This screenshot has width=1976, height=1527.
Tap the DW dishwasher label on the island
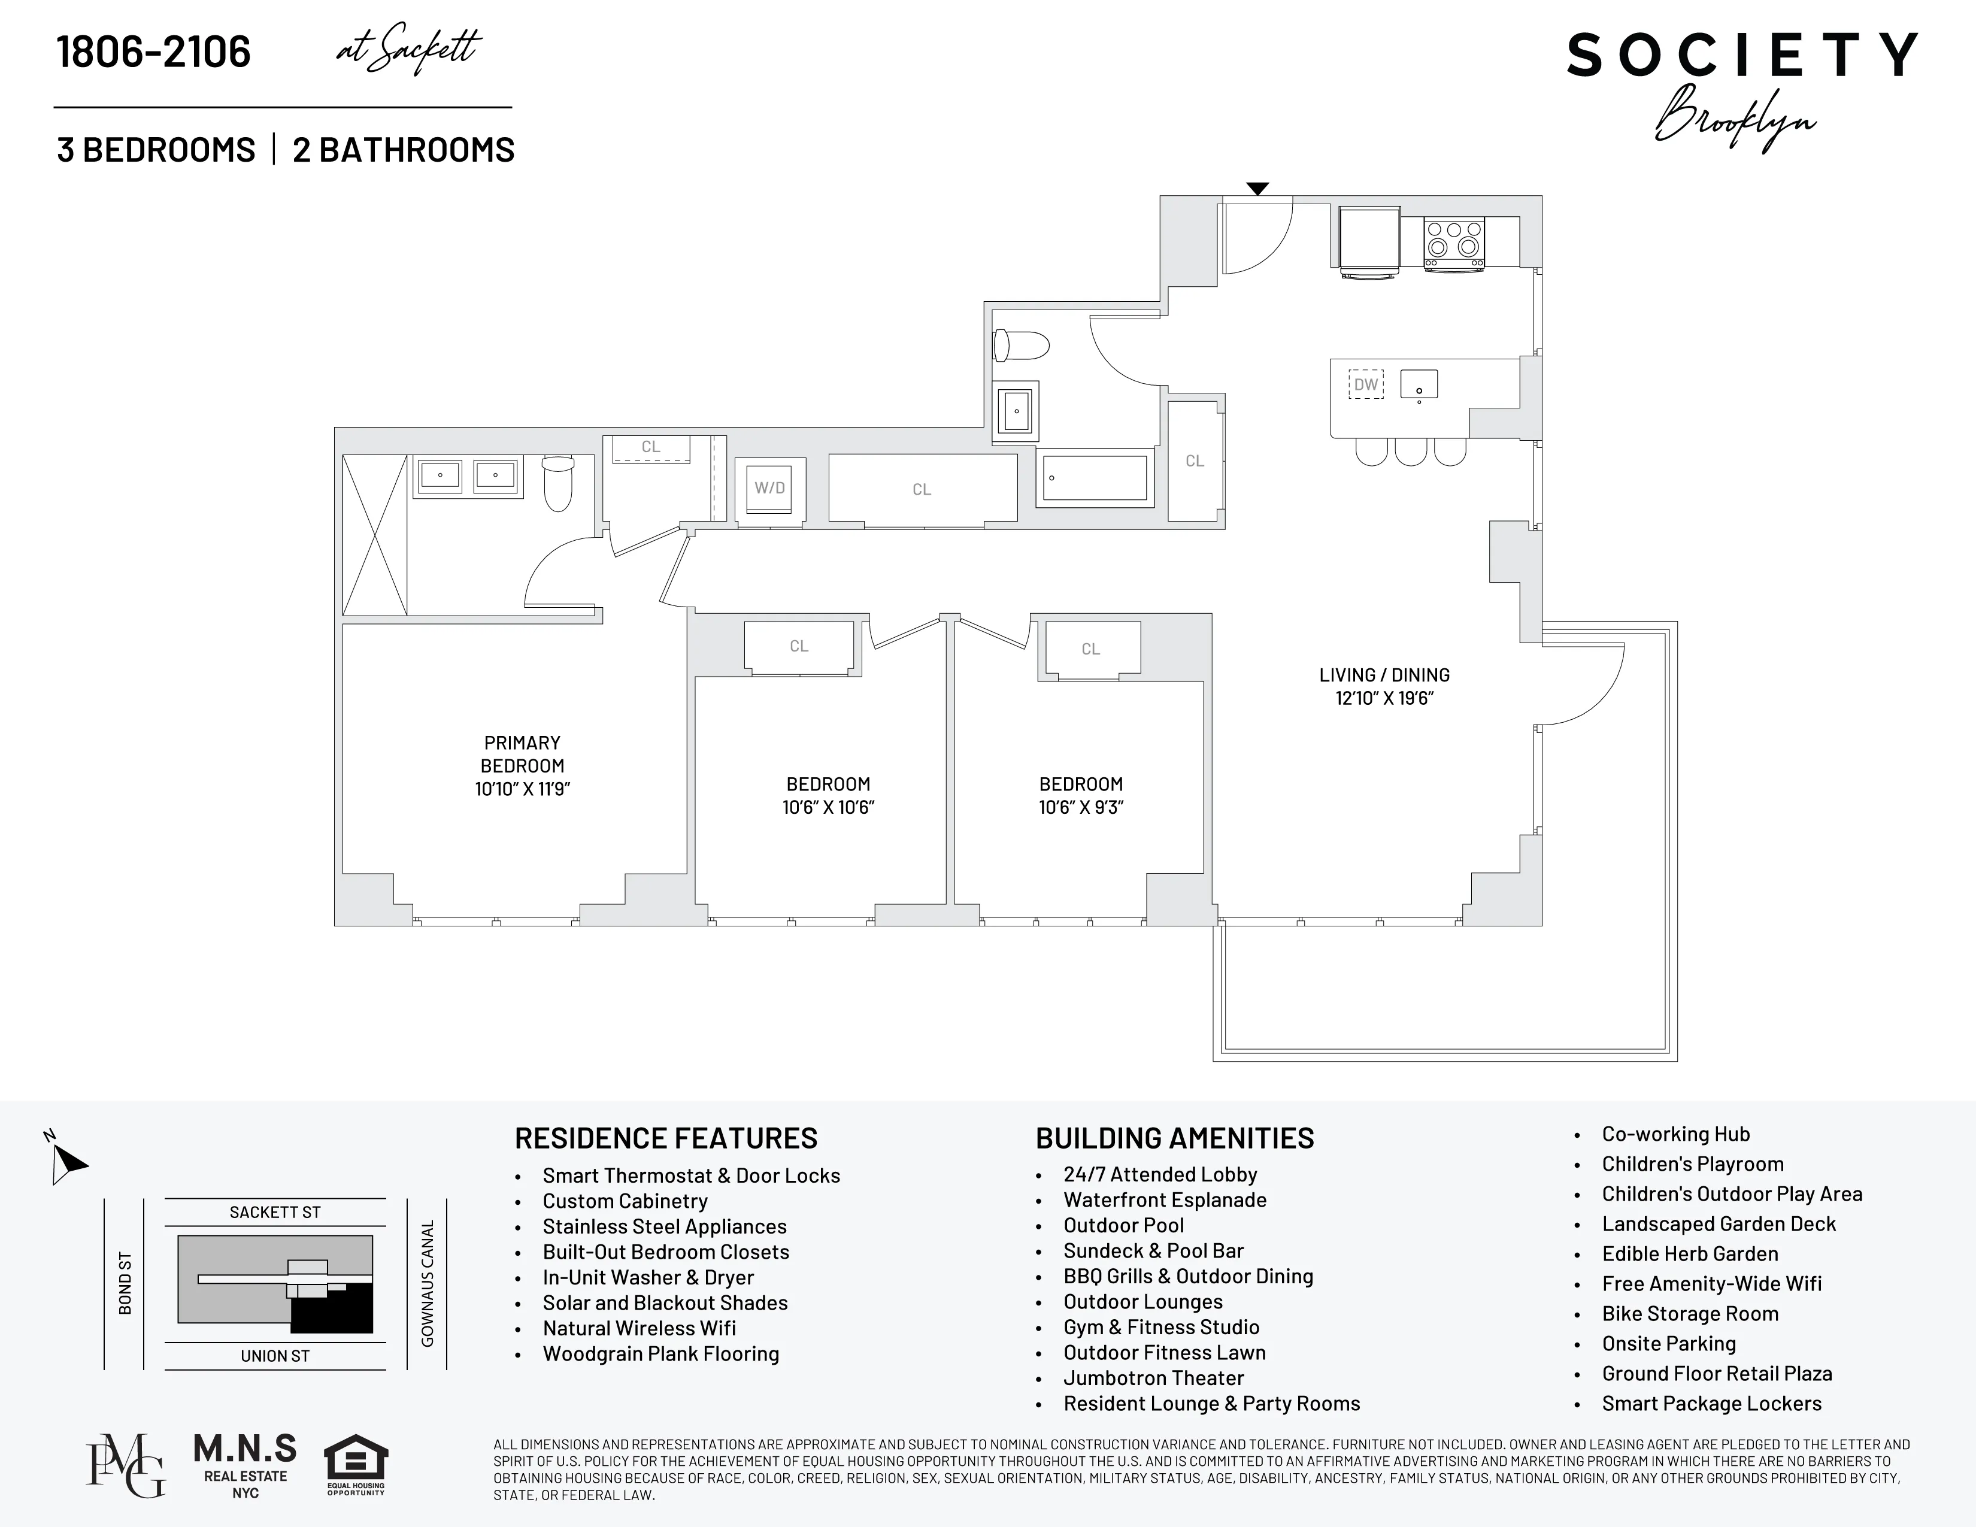point(1365,384)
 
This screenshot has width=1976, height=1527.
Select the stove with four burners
point(1454,243)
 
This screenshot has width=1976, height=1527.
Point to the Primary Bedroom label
point(522,753)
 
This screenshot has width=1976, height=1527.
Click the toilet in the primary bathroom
point(558,483)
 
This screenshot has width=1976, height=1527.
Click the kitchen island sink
point(1419,384)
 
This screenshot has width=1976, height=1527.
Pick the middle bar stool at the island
point(1411,452)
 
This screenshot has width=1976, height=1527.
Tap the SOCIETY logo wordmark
point(1742,56)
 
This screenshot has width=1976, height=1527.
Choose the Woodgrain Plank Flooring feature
point(660,1353)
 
